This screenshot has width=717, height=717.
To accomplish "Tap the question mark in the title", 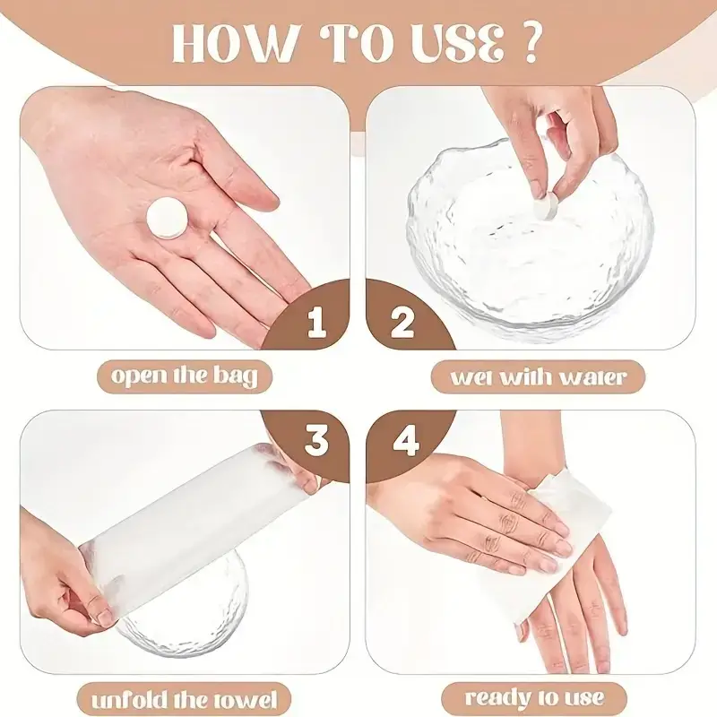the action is click(x=530, y=42).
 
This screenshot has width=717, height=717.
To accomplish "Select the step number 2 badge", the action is click(x=402, y=321).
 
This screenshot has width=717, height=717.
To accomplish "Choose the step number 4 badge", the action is click(x=405, y=440).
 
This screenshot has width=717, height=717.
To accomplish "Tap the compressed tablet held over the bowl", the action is click(x=549, y=206).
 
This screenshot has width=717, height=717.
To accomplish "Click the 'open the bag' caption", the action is click(x=185, y=376).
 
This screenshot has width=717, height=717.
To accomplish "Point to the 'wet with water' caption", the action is click(x=538, y=376).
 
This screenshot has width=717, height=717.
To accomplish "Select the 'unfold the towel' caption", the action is click(x=185, y=699).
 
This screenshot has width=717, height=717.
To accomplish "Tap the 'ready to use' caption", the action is click(x=534, y=698).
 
